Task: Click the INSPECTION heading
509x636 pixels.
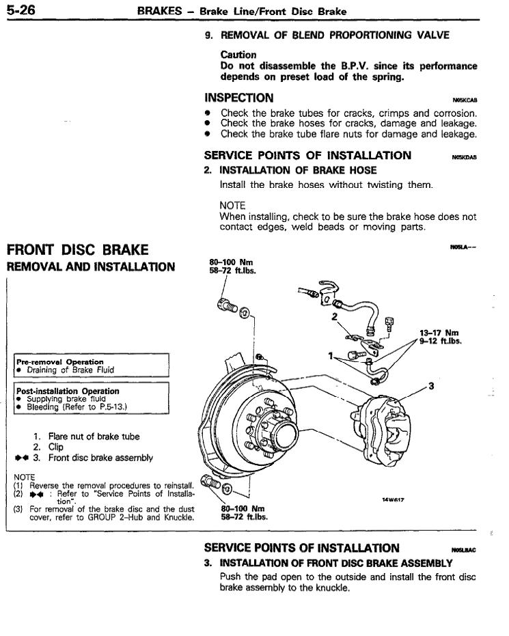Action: [x=239, y=98]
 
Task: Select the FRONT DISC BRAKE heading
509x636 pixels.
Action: [x=77, y=249]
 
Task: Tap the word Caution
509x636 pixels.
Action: [x=238, y=55]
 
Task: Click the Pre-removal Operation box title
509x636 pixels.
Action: [x=59, y=361]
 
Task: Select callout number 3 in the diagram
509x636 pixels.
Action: [x=430, y=386]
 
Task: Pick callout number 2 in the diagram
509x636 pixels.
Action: [x=335, y=318]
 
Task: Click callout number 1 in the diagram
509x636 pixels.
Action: [x=330, y=356]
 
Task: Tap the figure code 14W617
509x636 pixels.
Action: [x=394, y=499]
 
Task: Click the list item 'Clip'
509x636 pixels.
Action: [x=56, y=447]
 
